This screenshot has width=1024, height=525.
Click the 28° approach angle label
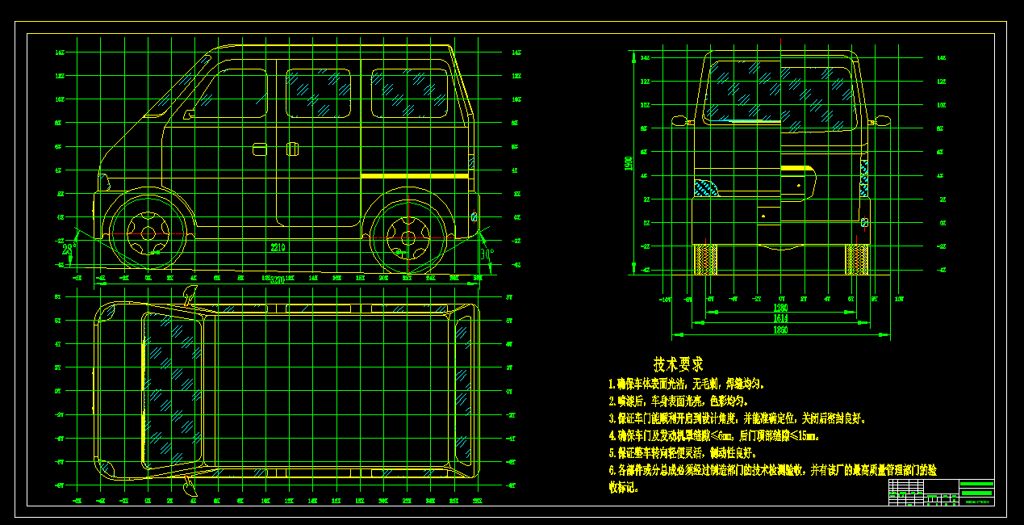[69, 250]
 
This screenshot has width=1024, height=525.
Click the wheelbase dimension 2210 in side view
[278, 246]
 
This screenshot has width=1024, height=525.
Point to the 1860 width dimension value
[780, 331]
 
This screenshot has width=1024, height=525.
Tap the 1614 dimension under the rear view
[780, 319]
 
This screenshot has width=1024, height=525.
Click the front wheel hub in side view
[148, 233]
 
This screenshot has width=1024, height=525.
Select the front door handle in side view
[260, 149]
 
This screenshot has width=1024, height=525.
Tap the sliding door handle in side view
[292, 149]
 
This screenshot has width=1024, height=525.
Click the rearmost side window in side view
[409, 91]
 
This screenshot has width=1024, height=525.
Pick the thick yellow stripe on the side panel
[414, 175]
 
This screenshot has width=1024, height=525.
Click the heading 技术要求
[678, 364]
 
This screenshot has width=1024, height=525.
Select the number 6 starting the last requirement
[611, 470]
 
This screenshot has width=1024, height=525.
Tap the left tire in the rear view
[706, 258]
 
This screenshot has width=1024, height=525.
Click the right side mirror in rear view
[879, 121]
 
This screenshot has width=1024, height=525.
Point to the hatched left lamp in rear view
[706, 188]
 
